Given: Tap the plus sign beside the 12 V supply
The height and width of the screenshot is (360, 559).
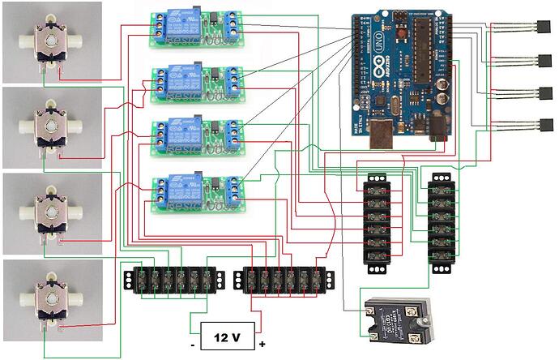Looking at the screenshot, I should pos(262,345).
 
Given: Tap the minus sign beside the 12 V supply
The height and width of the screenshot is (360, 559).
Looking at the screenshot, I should pos(193,345).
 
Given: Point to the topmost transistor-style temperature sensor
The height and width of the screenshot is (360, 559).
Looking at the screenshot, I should pos(538,29).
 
